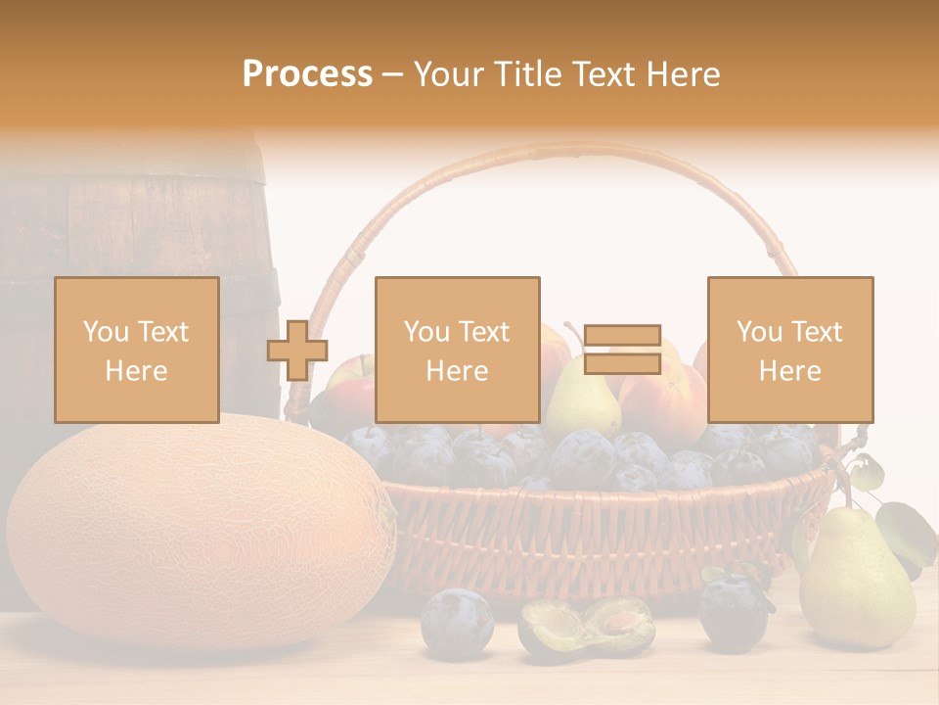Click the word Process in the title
click(307, 73)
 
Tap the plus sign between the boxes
click(297, 351)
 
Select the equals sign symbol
click(622, 350)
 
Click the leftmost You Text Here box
click(136, 350)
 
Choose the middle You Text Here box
click(457, 350)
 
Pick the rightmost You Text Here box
click(789, 350)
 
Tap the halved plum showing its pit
click(587, 627)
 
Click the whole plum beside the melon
click(457, 621)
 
